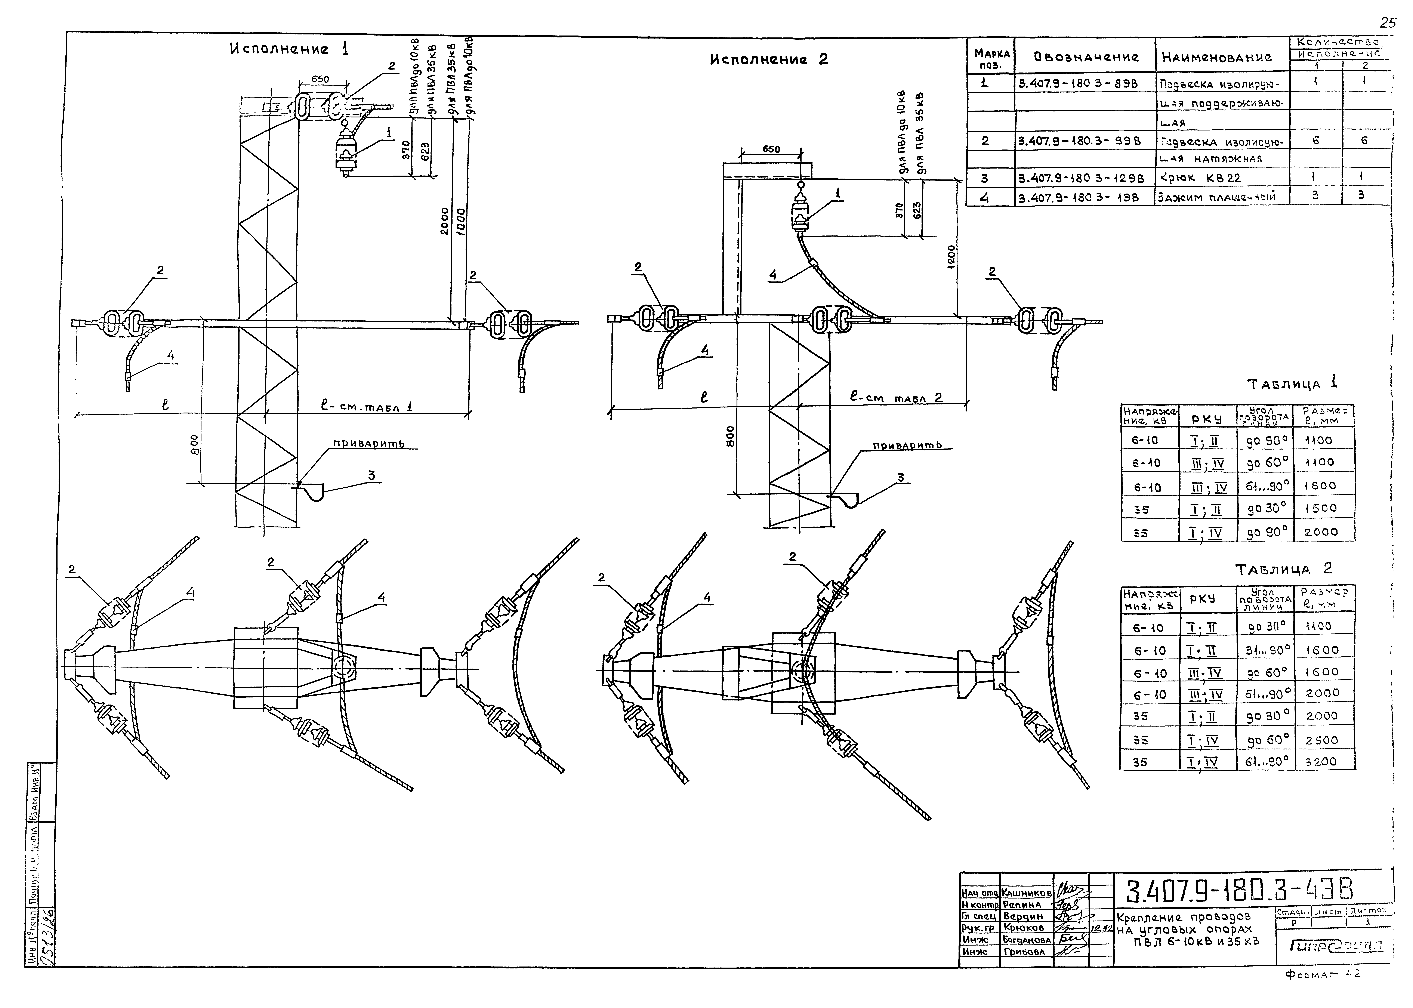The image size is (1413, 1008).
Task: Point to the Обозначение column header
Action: pyautogui.click(x=1086, y=58)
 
